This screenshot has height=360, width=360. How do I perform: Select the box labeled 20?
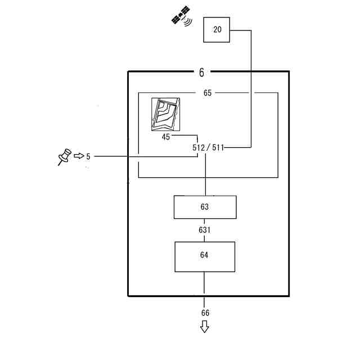click(x=217, y=30)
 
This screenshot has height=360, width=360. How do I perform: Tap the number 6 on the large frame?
click(x=201, y=72)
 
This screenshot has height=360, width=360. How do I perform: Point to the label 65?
click(x=208, y=93)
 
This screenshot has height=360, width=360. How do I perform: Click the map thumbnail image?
click(x=166, y=114)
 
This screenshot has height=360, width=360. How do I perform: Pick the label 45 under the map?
click(x=165, y=136)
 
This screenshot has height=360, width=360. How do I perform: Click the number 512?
click(x=198, y=147)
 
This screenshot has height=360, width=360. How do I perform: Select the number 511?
click(x=218, y=147)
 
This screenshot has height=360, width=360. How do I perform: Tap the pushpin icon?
click(x=64, y=156)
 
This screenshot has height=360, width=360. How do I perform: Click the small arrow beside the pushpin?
click(x=79, y=155)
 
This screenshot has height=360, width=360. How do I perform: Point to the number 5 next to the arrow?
click(x=88, y=156)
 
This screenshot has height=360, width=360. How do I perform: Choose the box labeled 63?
click(x=205, y=207)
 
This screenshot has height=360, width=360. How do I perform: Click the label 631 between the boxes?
click(x=205, y=230)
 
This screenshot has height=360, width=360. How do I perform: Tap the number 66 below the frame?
click(x=205, y=313)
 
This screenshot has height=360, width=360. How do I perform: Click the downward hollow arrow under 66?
click(x=205, y=326)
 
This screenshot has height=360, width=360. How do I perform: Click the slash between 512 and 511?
click(x=208, y=147)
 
